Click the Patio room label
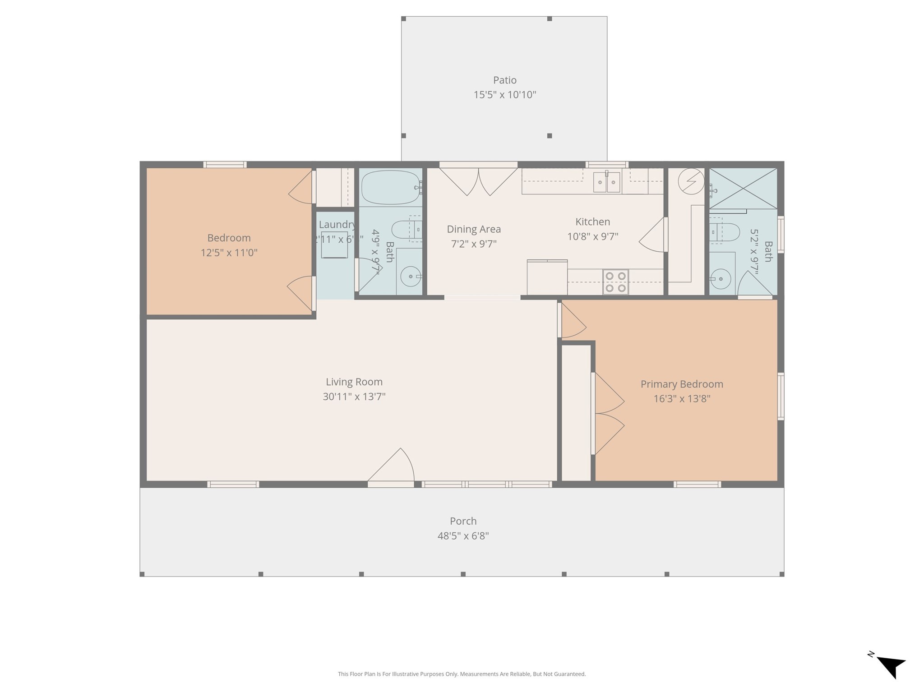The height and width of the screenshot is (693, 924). [x=504, y=80]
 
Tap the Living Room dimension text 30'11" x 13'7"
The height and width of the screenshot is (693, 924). [x=354, y=397]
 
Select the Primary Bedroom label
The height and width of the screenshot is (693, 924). [x=681, y=384]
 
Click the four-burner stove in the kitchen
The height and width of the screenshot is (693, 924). [x=615, y=282]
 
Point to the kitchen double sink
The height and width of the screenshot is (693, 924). [x=606, y=182]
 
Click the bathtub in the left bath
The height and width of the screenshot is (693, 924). [x=391, y=187]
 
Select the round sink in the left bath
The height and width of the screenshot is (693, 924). [x=410, y=276]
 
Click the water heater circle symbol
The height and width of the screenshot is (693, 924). [x=691, y=181]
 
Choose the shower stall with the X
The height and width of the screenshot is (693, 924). [x=743, y=189]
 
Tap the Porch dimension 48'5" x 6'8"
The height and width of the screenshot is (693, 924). [x=463, y=536]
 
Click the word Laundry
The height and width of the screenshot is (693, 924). [x=337, y=225]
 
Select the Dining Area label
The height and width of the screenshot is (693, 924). [x=474, y=229]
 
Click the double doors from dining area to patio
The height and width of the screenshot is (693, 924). [x=478, y=180]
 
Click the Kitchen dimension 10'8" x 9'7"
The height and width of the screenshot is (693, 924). [x=592, y=236]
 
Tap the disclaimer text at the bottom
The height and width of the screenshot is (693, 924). [x=462, y=674]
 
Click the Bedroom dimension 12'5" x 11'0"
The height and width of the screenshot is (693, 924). [x=229, y=253]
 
